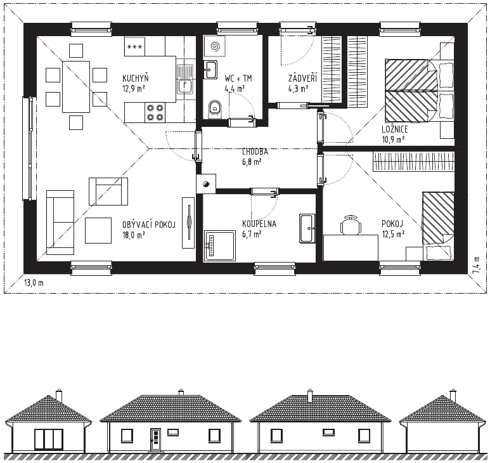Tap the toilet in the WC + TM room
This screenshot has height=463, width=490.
point(214,110)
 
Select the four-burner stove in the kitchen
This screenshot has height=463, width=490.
point(155,112)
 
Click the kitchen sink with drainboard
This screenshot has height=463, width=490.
point(185,79)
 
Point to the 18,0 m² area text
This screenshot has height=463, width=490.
point(134,235)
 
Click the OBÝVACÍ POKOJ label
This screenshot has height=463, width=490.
point(149,224)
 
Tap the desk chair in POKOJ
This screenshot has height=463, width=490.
point(351,225)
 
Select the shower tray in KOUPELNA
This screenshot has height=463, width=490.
point(220,245)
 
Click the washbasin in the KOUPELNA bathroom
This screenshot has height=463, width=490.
point(307,228)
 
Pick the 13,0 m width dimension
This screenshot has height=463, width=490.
point(34,284)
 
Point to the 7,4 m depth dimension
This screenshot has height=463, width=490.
point(476,265)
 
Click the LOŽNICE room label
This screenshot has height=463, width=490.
point(395,129)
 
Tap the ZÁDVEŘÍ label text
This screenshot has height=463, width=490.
point(302,78)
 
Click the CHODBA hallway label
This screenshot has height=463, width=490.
point(255,152)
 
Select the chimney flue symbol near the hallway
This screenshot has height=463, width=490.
point(206,184)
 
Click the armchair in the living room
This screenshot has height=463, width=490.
point(108,192)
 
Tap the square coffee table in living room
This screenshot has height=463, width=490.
point(98,230)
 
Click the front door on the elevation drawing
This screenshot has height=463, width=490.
point(155,440)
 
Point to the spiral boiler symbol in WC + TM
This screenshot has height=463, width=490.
point(215,47)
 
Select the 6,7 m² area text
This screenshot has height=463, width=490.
point(252,234)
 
